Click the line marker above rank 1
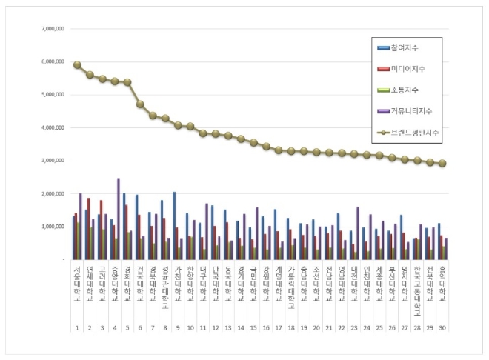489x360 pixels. point(77,64)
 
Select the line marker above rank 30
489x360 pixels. point(442,163)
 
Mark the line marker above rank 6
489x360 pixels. point(140,104)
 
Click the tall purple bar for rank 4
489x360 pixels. point(118,219)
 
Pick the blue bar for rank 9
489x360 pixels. point(174,226)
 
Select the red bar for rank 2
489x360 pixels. point(89,229)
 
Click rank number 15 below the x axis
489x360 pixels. point(253,327)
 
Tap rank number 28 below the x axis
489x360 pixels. point(417,327)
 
